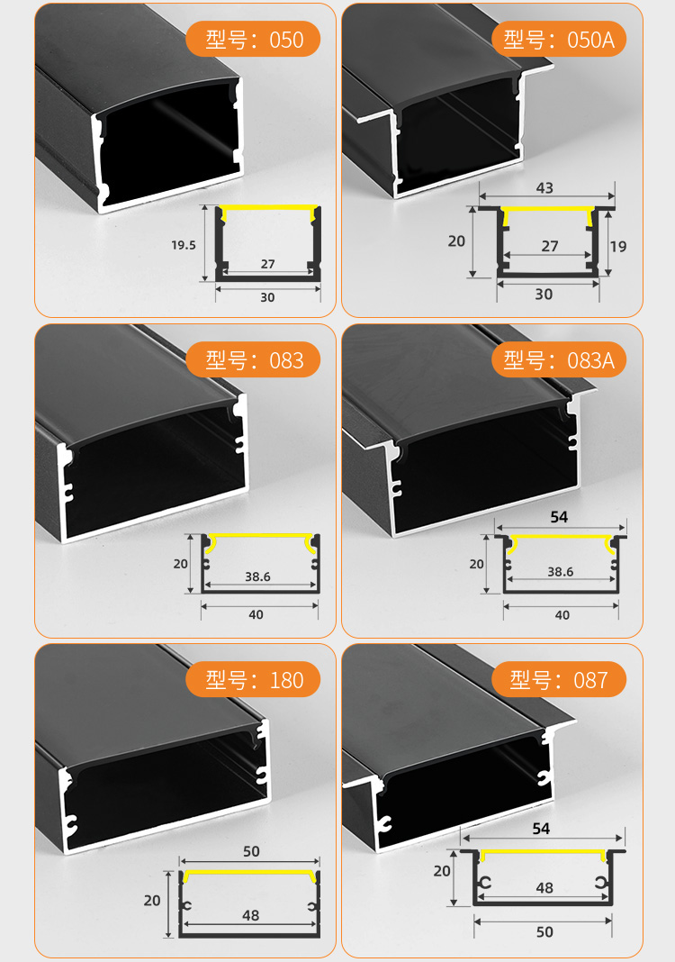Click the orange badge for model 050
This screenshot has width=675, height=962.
coord(254,40)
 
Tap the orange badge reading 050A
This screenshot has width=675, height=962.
coord(559,39)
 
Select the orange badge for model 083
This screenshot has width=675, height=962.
coord(254,360)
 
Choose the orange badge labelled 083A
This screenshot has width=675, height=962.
coord(559,360)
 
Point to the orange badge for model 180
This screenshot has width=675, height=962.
coord(254,679)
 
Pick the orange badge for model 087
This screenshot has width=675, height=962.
coord(559,679)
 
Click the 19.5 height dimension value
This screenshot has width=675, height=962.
coord(184,244)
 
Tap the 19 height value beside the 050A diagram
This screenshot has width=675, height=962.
coord(617,245)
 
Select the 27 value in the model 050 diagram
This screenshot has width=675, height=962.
coord(267,264)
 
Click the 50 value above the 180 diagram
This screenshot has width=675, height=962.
coord(251,851)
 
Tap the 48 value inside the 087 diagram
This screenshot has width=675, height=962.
coord(544,887)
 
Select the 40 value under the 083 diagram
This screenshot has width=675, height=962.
coord(256,615)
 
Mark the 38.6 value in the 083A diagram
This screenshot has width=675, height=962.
coord(561,571)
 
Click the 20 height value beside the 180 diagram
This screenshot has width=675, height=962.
coord(152,900)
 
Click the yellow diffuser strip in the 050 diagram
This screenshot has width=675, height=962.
coord(267,208)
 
